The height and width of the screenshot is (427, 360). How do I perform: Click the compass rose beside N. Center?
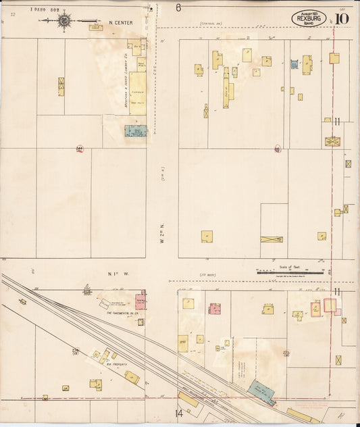(64, 21)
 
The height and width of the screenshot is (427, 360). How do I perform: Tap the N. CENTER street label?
(120, 22)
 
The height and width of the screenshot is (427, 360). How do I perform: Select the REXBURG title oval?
(309, 18)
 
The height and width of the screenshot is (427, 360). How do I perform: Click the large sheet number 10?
(340, 18)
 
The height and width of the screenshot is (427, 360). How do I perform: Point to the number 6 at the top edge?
(178, 8)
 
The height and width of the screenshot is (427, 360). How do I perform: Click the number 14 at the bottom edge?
(179, 413)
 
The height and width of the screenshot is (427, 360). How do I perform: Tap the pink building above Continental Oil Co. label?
(140, 300)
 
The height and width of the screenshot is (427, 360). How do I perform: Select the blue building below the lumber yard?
(136, 130)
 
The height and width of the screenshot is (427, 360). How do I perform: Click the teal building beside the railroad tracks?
(261, 392)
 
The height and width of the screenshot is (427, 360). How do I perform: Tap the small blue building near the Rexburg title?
(294, 64)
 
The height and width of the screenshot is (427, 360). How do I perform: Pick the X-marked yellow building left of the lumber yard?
(61, 86)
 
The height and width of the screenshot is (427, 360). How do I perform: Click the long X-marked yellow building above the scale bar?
(272, 239)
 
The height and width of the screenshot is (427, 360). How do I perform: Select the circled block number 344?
(80, 149)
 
